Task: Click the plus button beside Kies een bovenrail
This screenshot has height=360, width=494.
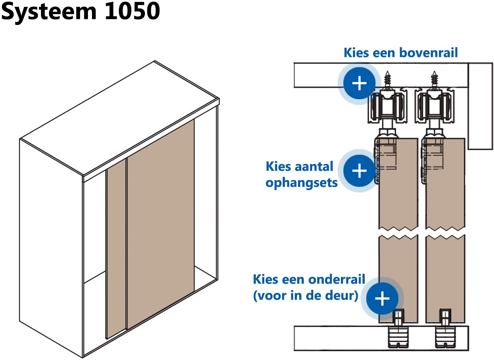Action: pos(359,84)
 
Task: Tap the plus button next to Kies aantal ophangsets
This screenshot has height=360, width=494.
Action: pos(359,171)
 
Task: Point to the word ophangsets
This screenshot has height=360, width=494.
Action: pos(302,183)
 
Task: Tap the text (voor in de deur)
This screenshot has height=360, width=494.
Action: pos(305,297)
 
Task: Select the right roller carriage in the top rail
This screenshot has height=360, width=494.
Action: pos(434,108)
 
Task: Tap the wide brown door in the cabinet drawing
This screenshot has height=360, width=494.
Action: pos(161,225)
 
